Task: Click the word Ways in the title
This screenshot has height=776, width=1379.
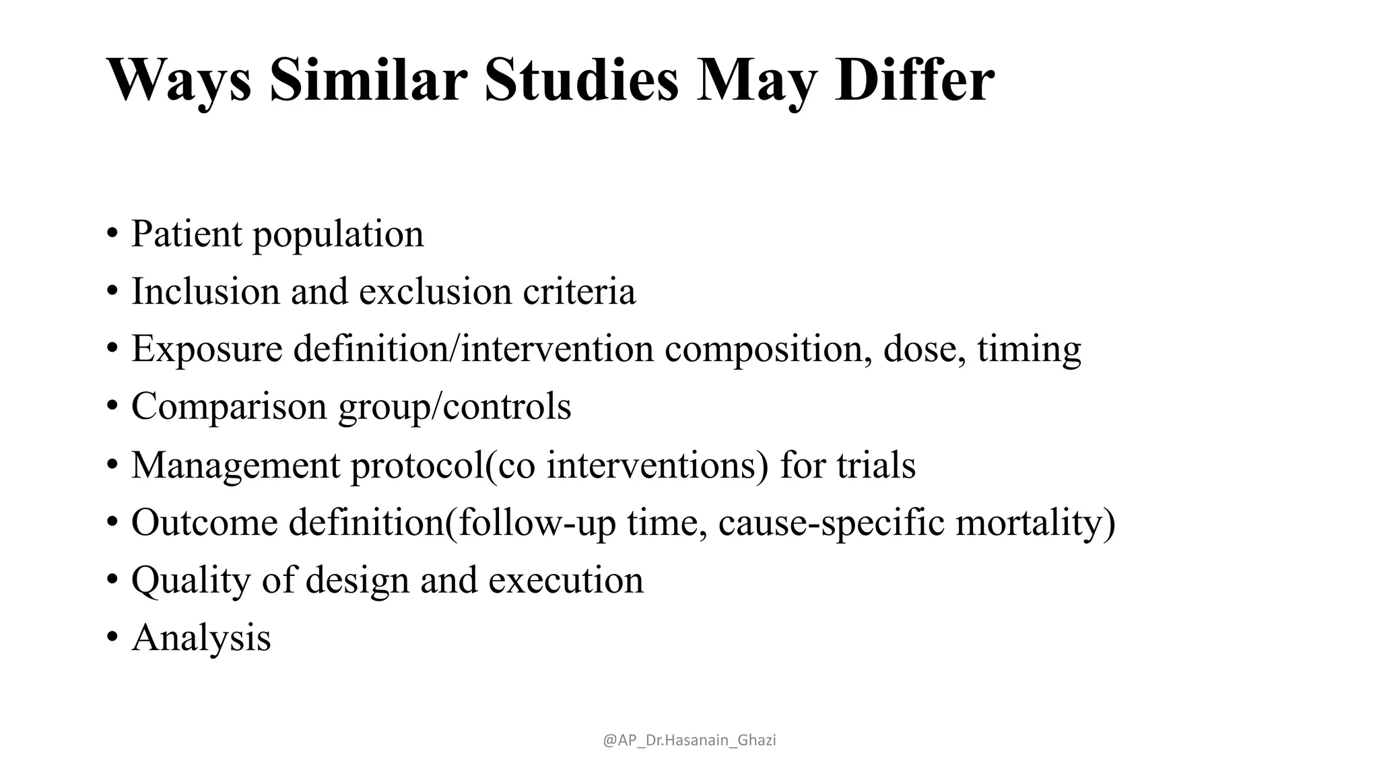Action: click(179, 81)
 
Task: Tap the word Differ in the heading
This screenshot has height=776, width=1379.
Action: click(914, 81)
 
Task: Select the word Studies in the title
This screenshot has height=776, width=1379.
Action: click(581, 81)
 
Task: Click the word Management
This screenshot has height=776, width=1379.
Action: click(236, 465)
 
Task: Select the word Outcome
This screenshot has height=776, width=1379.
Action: click(204, 523)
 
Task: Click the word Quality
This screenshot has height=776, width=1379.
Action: click(191, 581)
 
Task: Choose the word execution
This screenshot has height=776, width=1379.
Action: click(566, 581)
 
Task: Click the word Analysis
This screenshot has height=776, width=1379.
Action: click(201, 638)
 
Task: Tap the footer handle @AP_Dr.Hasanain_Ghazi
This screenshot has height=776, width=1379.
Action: click(689, 740)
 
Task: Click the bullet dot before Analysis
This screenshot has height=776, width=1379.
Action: click(112, 638)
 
